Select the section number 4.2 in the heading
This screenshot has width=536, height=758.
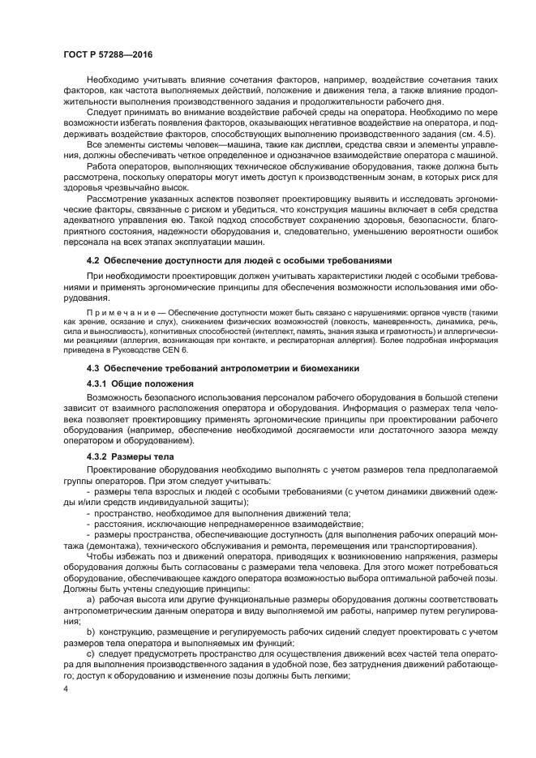[x=93, y=260]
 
